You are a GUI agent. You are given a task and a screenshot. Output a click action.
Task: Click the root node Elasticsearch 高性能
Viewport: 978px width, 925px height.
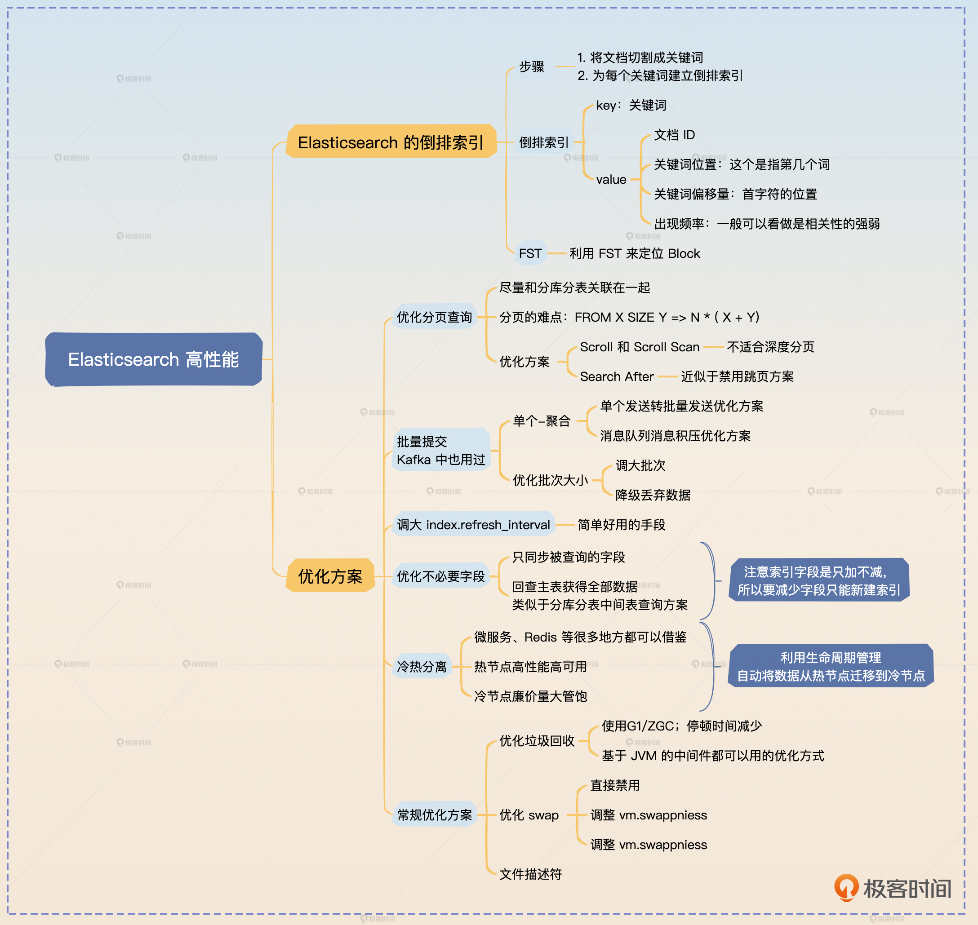click(x=153, y=359)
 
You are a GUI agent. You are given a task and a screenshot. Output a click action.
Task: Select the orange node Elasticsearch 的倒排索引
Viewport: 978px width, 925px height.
click(x=391, y=142)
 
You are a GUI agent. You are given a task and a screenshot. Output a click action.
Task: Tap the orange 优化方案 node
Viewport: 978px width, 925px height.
click(x=330, y=576)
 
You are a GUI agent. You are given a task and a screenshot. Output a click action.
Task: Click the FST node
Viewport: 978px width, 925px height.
click(x=530, y=253)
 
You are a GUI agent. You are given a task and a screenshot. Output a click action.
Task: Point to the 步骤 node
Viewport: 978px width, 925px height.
click(x=531, y=66)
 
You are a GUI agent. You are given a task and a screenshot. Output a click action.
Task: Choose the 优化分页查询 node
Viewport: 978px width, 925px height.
click(x=434, y=317)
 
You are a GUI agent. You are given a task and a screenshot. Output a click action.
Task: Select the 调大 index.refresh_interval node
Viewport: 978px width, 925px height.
click(x=473, y=525)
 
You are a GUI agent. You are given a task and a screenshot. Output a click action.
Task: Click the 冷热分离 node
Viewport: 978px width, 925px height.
click(x=422, y=667)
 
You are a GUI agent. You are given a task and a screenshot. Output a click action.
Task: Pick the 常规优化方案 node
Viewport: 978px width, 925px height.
click(x=434, y=815)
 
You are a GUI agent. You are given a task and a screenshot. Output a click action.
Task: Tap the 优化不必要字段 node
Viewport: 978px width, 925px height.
click(x=440, y=576)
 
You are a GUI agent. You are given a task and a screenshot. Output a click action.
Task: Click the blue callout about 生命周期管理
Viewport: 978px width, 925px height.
click(x=831, y=666)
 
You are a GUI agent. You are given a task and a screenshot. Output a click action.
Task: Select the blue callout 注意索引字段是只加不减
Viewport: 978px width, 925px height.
click(x=819, y=580)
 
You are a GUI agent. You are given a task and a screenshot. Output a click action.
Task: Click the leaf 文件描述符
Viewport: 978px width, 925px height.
click(x=530, y=874)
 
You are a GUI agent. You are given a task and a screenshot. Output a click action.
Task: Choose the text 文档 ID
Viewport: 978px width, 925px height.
click(x=674, y=135)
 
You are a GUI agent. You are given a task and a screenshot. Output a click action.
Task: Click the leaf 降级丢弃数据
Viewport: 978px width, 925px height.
click(x=653, y=495)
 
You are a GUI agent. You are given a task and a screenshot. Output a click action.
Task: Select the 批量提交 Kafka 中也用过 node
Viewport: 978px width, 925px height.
click(x=440, y=450)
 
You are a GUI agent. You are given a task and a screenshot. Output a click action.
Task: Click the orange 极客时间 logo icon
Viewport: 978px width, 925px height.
click(x=846, y=888)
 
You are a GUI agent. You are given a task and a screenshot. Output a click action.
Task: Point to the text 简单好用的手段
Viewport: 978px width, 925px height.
click(x=621, y=525)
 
